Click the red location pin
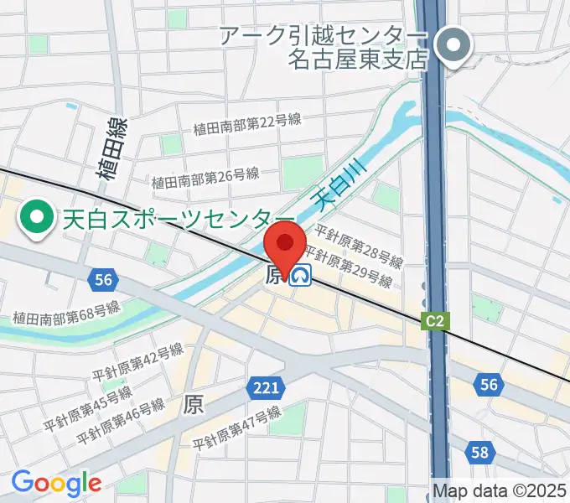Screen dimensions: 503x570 [x=284, y=246]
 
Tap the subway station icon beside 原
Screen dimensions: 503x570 [x=300, y=275]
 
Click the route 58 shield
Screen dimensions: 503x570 [x=479, y=453]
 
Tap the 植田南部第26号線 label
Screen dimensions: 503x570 [x=205, y=178]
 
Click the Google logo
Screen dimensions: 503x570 [x=56, y=483]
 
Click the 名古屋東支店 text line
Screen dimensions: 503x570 [x=358, y=59]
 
